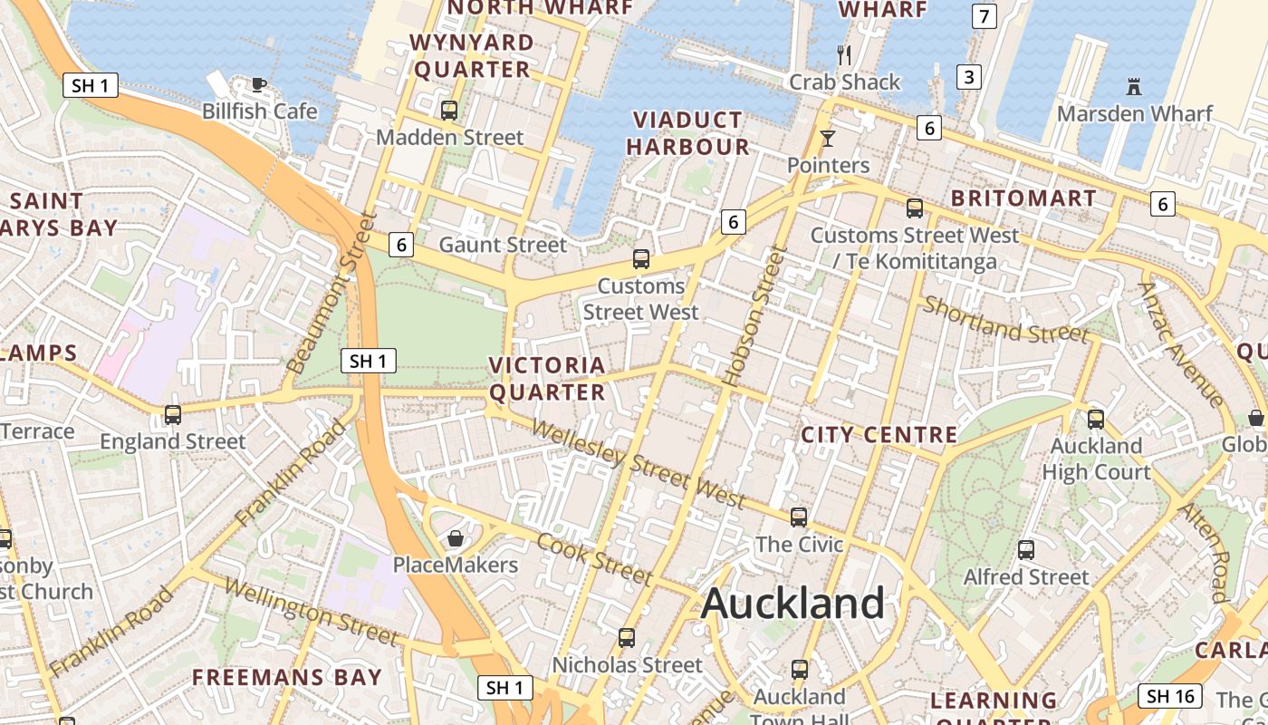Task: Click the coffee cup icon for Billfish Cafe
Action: point(258,85)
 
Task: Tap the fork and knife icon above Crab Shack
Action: point(844,55)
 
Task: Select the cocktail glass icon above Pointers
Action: point(827,139)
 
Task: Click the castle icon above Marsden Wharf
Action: point(1133,87)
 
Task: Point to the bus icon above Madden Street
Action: point(448,111)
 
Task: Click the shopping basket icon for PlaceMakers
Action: point(455,538)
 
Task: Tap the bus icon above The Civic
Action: point(798,517)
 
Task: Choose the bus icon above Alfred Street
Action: point(1025,550)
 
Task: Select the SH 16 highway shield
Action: point(1169,696)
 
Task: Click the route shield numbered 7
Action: point(984,15)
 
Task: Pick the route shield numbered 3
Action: point(969,77)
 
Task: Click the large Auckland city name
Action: point(792,603)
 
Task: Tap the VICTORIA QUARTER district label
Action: point(547,379)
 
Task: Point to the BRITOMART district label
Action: point(1023,198)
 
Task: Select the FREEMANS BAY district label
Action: point(286,677)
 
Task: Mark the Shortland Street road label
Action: point(1005,321)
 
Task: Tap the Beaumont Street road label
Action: point(331,294)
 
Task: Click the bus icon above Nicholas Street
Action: point(626,638)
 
